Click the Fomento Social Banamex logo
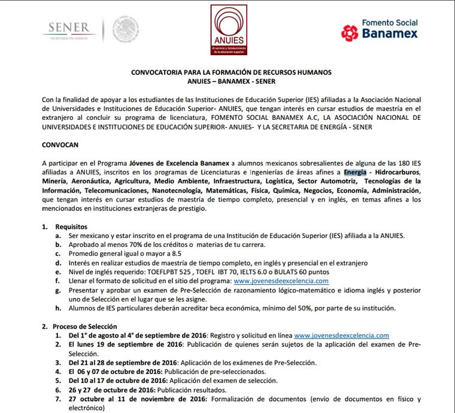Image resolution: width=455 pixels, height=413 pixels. tap(379, 29)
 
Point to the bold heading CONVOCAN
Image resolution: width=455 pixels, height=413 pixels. tap(60, 145)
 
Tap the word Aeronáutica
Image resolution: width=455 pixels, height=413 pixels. tap(98, 181)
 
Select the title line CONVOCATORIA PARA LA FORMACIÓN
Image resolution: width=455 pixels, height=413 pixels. tap(231, 73)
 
